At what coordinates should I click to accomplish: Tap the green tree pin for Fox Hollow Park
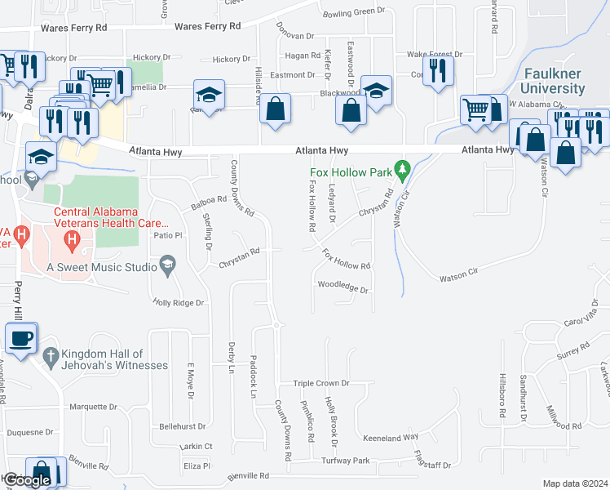point(401,169)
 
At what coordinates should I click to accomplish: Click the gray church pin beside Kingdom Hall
point(50,356)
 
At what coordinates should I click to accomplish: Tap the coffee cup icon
point(21,337)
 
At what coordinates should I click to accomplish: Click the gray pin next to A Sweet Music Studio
point(168,264)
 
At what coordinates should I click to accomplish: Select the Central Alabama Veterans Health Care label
point(111,217)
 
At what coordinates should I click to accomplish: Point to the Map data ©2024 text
point(575,483)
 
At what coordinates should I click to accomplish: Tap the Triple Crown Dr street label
point(321,383)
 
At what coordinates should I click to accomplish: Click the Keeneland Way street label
point(391,438)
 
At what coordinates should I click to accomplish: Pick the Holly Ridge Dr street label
point(178,302)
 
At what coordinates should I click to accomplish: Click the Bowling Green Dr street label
point(353,11)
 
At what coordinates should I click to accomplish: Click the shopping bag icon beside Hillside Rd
point(276,109)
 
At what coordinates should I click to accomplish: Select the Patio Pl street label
point(166,235)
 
